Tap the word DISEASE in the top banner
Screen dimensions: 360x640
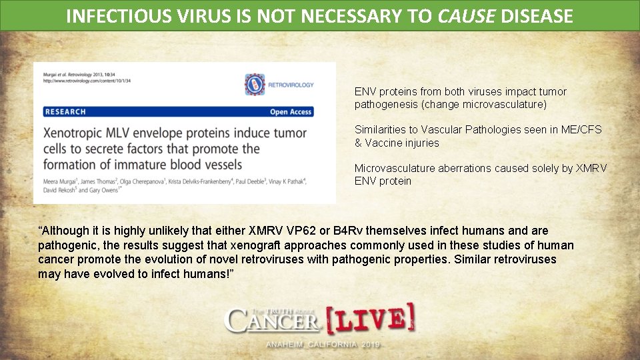click(536, 15)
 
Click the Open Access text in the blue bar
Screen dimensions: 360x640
click(291, 112)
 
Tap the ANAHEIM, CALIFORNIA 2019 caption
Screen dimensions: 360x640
click(323, 345)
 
